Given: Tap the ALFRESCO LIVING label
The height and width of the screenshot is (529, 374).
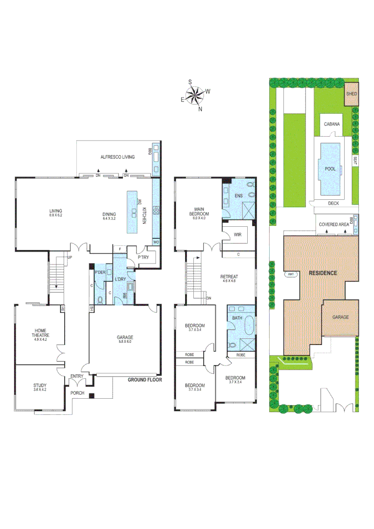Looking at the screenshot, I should click(117, 156).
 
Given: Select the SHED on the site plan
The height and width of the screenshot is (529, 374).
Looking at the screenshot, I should click(351, 94).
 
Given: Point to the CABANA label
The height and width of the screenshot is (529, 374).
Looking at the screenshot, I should click(331, 124).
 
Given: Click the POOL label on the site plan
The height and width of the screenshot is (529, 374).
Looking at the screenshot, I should click(330, 168).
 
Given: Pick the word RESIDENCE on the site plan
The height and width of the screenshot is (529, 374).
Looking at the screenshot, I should click(322, 273).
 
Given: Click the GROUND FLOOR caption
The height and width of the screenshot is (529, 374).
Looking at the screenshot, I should click(144, 380).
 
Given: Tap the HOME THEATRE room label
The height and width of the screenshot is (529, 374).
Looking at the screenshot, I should click(40, 333).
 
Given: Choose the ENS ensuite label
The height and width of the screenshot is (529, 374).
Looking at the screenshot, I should click(239, 196).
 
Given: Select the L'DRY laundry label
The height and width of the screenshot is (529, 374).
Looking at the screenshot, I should click(121, 279).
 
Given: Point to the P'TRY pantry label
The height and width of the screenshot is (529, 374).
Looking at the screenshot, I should click(143, 257).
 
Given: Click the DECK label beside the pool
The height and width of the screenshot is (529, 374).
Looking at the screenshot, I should click(333, 203).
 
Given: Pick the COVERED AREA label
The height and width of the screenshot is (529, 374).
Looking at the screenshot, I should click(333, 224).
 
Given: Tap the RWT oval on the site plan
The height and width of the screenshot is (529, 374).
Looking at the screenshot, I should click(291, 274).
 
